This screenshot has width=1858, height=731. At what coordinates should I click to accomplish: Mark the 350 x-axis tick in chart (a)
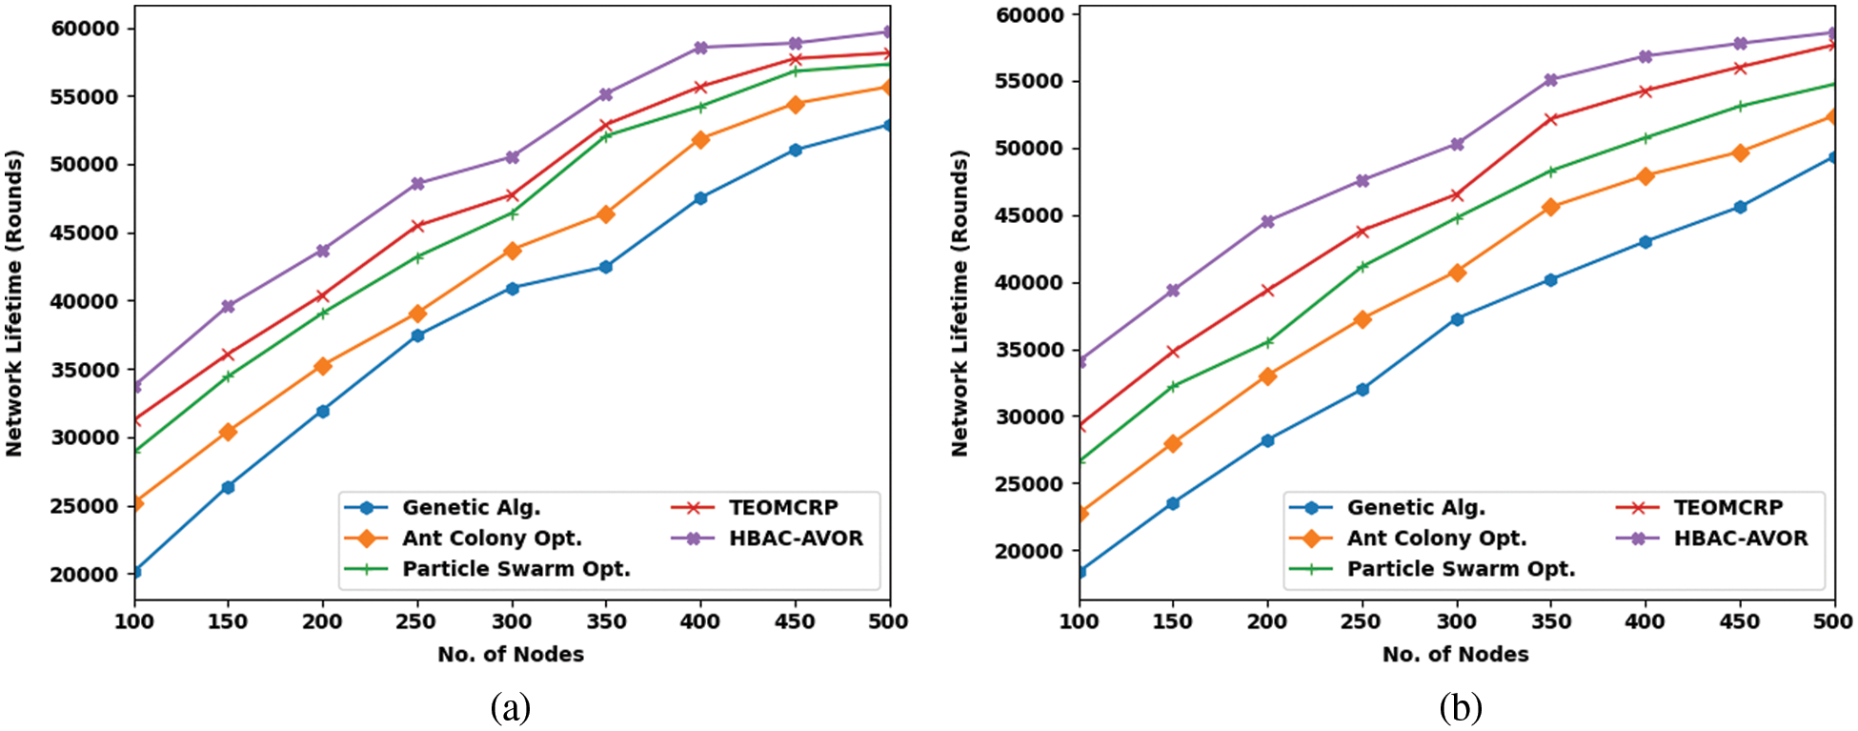pyautogui.click(x=606, y=622)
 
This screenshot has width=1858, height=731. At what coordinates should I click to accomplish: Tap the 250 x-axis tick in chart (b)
pyautogui.click(x=1362, y=622)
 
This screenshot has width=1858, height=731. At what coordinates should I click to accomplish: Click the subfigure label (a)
pyautogui.click(x=510, y=708)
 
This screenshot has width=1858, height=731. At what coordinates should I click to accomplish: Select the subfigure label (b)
pyautogui.click(x=1461, y=708)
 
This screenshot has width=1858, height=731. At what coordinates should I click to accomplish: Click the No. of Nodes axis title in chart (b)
pyautogui.click(x=1455, y=655)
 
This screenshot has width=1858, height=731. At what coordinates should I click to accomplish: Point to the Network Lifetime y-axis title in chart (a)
pyautogui.click(x=14, y=303)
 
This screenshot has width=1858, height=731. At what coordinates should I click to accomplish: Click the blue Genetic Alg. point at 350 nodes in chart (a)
pyautogui.click(x=606, y=267)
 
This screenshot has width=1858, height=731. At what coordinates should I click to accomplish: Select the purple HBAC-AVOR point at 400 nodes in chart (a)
pyautogui.click(x=700, y=48)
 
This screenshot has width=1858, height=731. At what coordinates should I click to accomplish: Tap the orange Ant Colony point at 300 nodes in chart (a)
pyautogui.click(x=512, y=251)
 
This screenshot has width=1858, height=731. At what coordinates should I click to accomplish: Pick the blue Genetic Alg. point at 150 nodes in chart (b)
pyautogui.click(x=1173, y=503)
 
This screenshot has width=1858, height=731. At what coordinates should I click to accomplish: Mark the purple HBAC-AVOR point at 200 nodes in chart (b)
pyautogui.click(x=1267, y=221)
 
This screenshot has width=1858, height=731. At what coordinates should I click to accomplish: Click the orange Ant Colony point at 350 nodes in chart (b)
pyautogui.click(x=1550, y=207)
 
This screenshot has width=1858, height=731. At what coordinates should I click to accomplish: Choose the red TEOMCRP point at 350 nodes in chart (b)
pyautogui.click(x=1550, y=119)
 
